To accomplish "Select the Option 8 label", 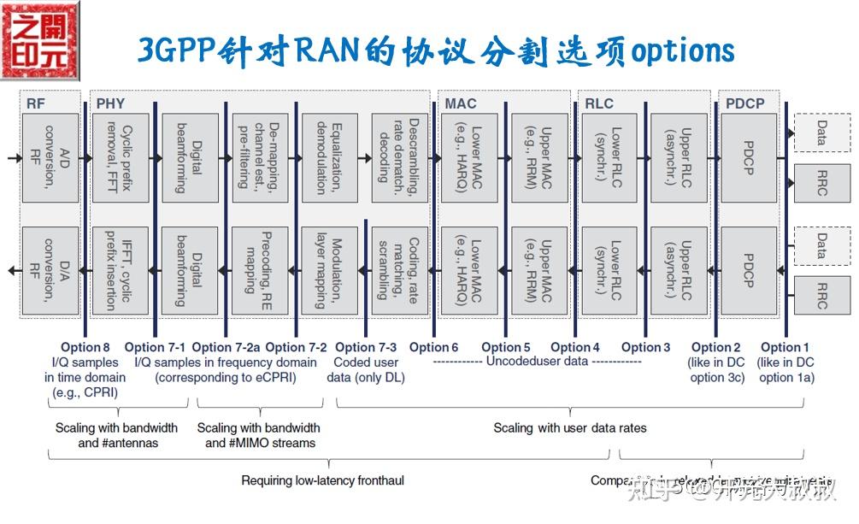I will coord(85,347).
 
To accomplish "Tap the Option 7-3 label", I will coord(366,347).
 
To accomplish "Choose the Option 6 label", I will coord(433,347).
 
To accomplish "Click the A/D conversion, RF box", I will coord(50,158).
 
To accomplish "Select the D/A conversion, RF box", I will coord(50,269).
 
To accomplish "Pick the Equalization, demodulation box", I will coord(330,158).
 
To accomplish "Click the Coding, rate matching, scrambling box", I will coord(400,269).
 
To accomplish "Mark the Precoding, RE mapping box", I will coord(260,269).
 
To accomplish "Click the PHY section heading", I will coord(110,104).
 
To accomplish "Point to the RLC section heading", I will coord(599,104).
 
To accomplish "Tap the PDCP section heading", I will coord(744,104).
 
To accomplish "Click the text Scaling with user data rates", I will coord(569,427).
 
